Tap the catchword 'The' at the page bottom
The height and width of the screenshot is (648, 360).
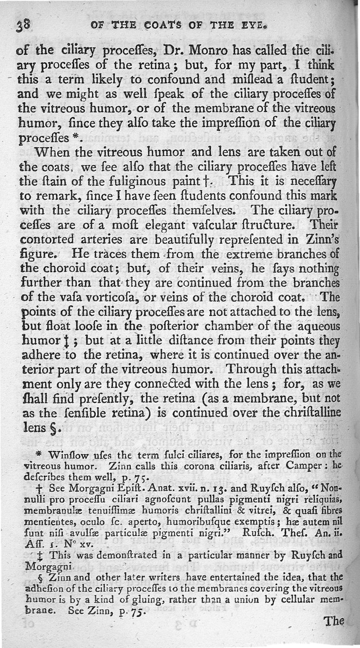pos(334,621)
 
